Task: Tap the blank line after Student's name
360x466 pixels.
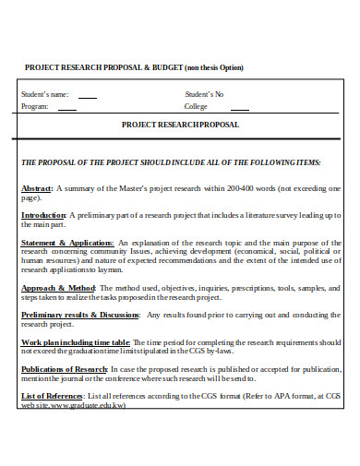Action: [x=87, y=96]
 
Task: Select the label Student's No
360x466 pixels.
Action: [x=204, y=93]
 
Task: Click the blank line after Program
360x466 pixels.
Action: [x=67, y=107]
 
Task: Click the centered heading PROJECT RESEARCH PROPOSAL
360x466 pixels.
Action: [x=180, y=125]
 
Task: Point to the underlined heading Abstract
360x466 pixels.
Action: [x=37, y=187]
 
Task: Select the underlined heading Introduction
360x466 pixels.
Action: [x=43, y=214]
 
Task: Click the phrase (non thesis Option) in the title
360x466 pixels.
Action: [x=214, y=67]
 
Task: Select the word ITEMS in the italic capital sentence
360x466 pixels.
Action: [x=303, y=161]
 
